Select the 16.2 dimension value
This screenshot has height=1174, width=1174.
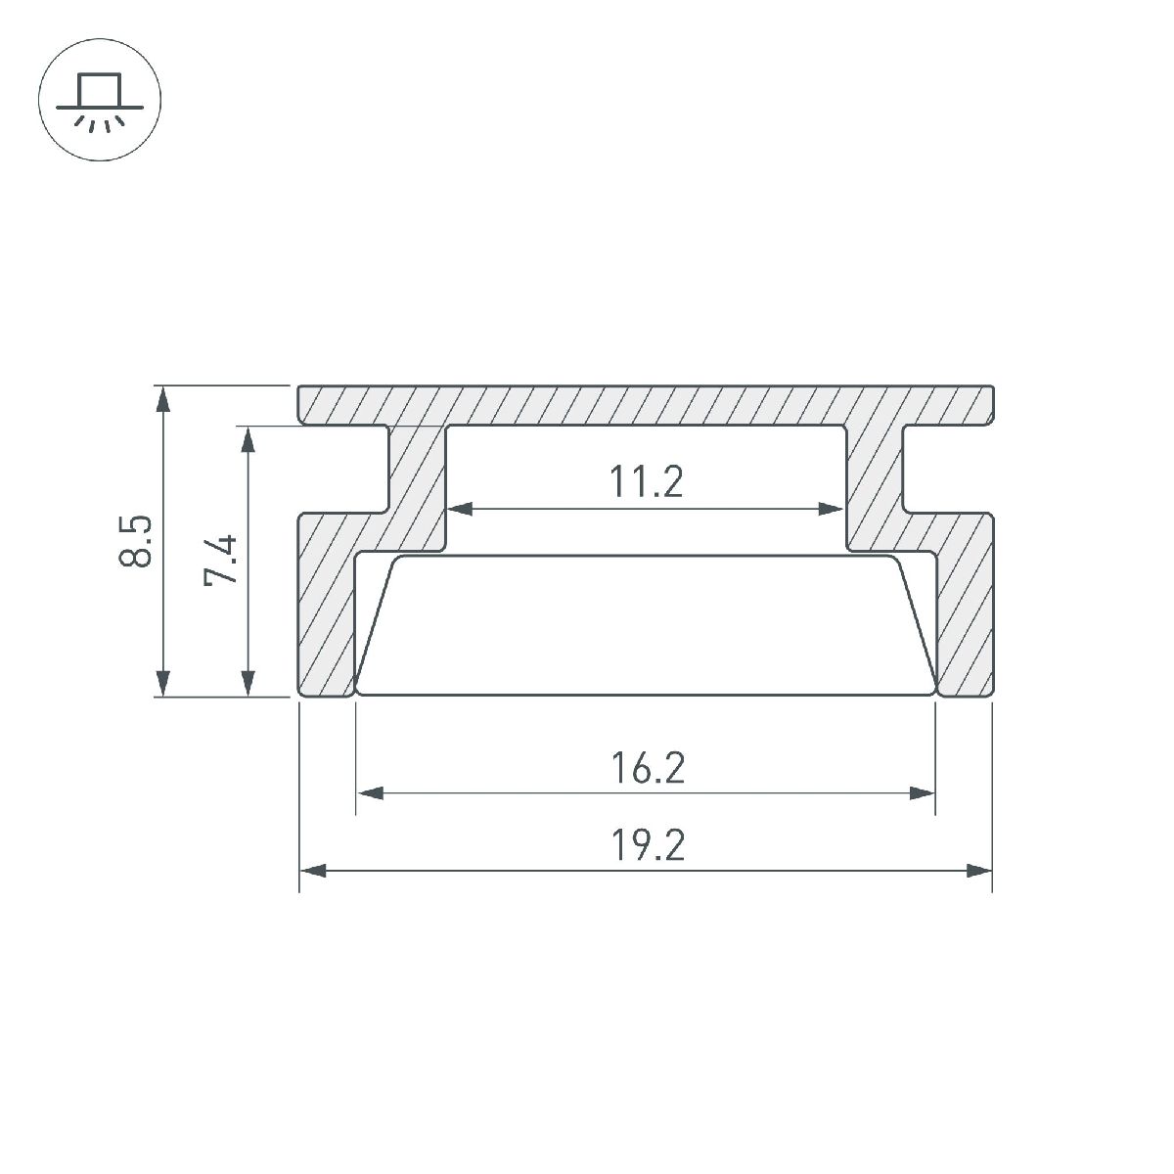646,768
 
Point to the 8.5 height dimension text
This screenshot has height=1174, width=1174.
136,540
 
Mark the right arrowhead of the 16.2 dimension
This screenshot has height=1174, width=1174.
924,793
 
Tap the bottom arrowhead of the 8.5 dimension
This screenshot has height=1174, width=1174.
164,685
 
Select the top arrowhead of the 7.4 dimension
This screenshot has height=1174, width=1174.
248,438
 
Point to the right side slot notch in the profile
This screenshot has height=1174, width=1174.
947,469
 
